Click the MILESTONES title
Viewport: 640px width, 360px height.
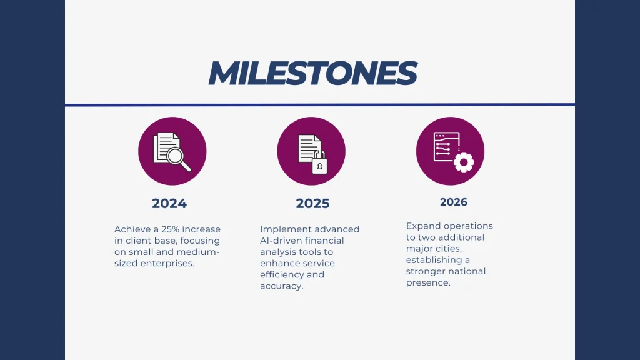pos(312,74)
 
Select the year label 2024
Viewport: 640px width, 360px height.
pos(169,204)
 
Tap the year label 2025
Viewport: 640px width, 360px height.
pos(312,204)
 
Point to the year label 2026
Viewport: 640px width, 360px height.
pos(453,202)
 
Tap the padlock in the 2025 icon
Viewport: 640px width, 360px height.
pos(319,164)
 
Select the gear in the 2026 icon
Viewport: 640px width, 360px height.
pos(463,162)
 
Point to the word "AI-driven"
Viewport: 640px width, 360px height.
pos(281,241)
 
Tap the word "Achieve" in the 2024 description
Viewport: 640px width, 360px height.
pos(132,229)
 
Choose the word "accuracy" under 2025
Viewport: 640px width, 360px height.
pos(281,286)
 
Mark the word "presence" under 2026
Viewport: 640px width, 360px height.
pos(427,282)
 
